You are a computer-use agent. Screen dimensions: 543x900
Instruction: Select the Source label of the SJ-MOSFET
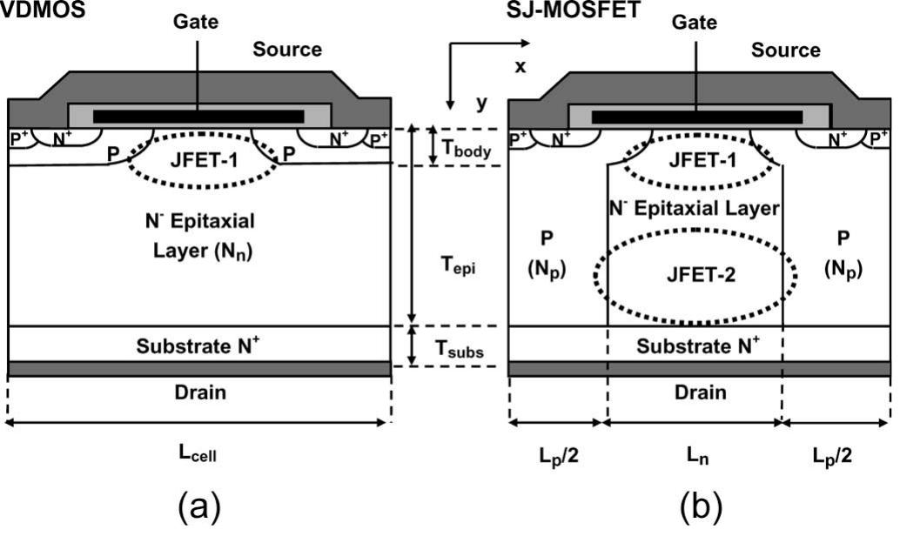tap(786, 50)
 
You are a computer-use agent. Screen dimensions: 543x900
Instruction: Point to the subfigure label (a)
tap(199, 506)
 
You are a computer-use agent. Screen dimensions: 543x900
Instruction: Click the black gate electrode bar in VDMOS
tap(198, 116)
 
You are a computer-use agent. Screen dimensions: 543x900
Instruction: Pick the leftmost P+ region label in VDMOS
tap(18, 137)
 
